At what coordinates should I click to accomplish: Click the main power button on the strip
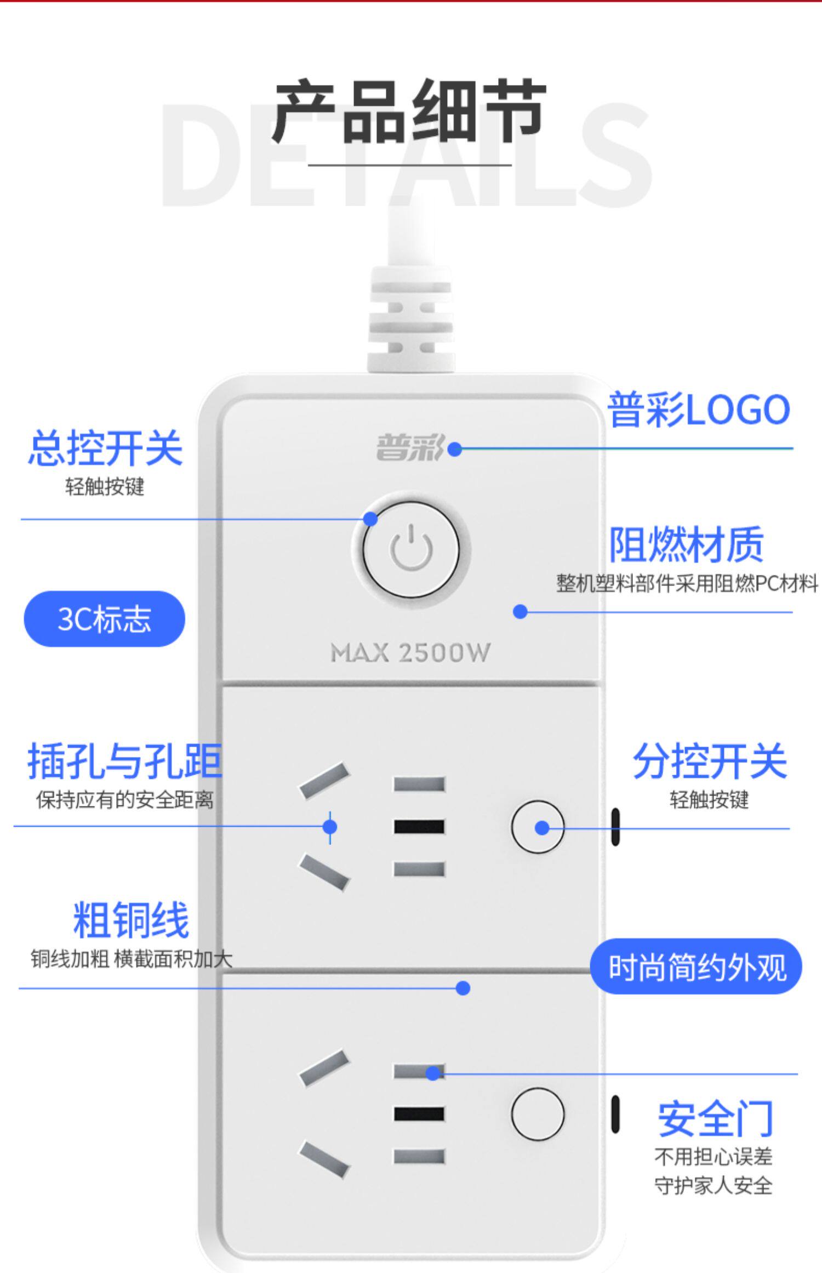[411, 549]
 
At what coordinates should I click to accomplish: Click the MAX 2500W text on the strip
[410, 653]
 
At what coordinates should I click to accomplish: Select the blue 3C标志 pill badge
[104, 619]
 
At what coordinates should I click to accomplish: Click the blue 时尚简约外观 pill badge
[696, 967]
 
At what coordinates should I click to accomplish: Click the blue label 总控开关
[105, 448]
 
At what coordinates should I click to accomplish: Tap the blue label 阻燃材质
[686, 544]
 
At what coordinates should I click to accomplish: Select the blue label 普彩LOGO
[699, 410]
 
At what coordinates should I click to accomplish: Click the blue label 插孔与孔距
[125, 761]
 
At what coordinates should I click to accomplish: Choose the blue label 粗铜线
[131, 920]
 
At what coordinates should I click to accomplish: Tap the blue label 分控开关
[710, 761]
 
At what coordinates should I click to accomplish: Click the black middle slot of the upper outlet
[419, 827]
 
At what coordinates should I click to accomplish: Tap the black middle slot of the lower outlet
[419, 1114]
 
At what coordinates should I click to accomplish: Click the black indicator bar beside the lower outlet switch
[615, 1115]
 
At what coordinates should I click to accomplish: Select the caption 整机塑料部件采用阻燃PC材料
[687, 583]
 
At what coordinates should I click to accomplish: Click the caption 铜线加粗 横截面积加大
[132, 959]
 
